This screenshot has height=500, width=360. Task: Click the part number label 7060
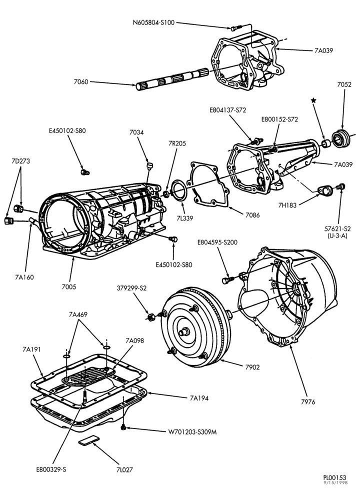[x=80, y=81]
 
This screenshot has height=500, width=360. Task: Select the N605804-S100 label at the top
[x=153, y=22]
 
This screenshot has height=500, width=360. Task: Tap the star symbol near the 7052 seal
[x=313, y=100]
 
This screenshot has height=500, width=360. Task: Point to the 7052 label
[x=344, y=84]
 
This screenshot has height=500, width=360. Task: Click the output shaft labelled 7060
[x=172, y=78]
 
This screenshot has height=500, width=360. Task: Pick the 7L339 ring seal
[x=178, y=190]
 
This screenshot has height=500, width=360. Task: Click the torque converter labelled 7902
[x=195, y=327]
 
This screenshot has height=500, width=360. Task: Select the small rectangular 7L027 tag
[x=88, y=440]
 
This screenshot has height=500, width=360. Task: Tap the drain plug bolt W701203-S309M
[x=123, y=427]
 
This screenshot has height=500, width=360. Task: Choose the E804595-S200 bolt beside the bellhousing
[x=226, y=280]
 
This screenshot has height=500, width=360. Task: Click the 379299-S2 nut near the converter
[x=151, y=316]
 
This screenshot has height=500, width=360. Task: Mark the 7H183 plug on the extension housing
[x=326, y=190]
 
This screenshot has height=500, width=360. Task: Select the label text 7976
[x=307, y=402]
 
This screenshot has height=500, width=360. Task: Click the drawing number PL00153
[x=334, y=477]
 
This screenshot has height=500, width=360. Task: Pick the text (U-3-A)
[x=337, y=235]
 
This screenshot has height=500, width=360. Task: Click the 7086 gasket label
[x=252, y=215]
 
